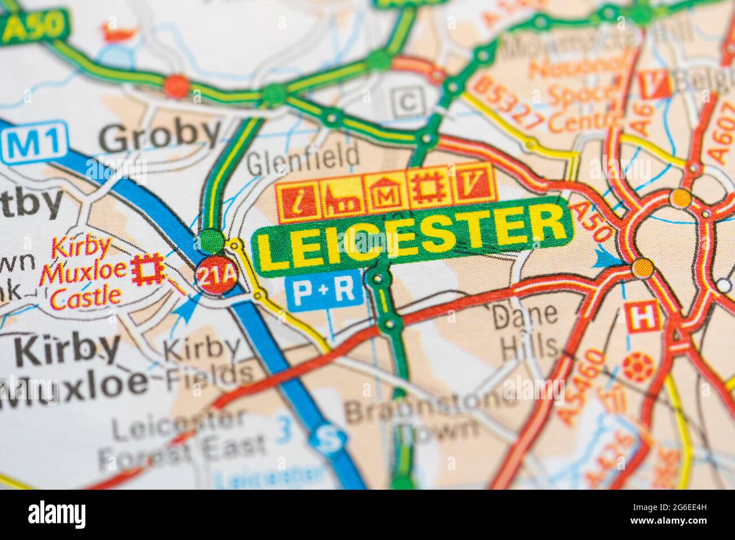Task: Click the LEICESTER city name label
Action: pyautogui.click(x=412, y=237)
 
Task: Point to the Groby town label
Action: pyautogui.click(x=161, y=135)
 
